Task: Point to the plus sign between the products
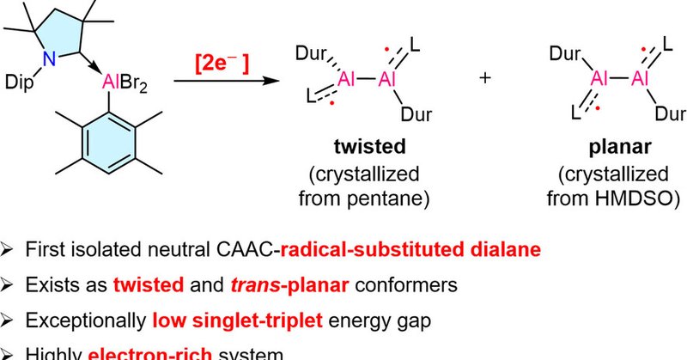486,79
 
